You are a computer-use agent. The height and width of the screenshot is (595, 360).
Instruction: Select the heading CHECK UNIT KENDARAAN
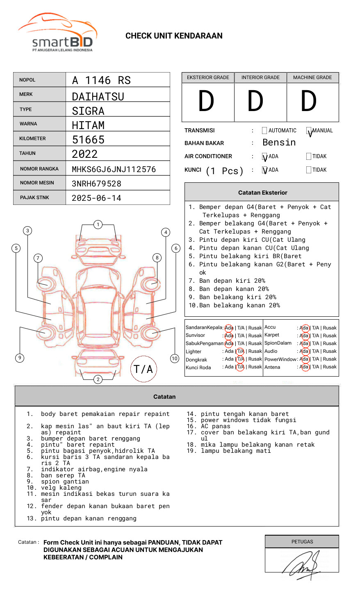point(174,36)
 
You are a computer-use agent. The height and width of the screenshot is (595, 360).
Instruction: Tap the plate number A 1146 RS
point(101,80)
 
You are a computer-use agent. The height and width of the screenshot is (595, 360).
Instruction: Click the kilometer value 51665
point(88,140)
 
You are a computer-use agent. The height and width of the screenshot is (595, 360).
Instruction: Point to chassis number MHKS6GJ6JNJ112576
point(114,169)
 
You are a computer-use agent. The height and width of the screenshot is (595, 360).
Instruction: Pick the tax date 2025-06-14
point(96,198)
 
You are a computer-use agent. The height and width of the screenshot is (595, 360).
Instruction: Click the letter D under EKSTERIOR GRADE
point(206,102)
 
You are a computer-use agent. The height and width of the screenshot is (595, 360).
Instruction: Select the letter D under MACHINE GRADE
point(309,102)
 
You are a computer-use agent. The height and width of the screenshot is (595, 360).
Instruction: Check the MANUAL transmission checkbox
point(309,131)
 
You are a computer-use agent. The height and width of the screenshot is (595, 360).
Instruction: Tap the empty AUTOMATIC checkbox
point(264,131)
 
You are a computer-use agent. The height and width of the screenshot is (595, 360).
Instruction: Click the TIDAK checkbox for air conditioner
point(309,157)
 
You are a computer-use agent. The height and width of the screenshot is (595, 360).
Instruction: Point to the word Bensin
point(279,143)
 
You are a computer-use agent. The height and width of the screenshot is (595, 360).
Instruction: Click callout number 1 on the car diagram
point(98,224)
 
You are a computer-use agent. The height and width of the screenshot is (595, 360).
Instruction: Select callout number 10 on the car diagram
point(175,359)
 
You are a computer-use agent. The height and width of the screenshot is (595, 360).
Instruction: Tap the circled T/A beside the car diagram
point(143,369)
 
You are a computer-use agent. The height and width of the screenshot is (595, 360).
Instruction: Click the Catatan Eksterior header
point(262,193)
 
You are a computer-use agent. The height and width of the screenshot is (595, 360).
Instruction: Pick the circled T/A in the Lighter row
point(240,352)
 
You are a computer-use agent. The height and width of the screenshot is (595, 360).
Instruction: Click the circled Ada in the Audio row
point(304,352)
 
